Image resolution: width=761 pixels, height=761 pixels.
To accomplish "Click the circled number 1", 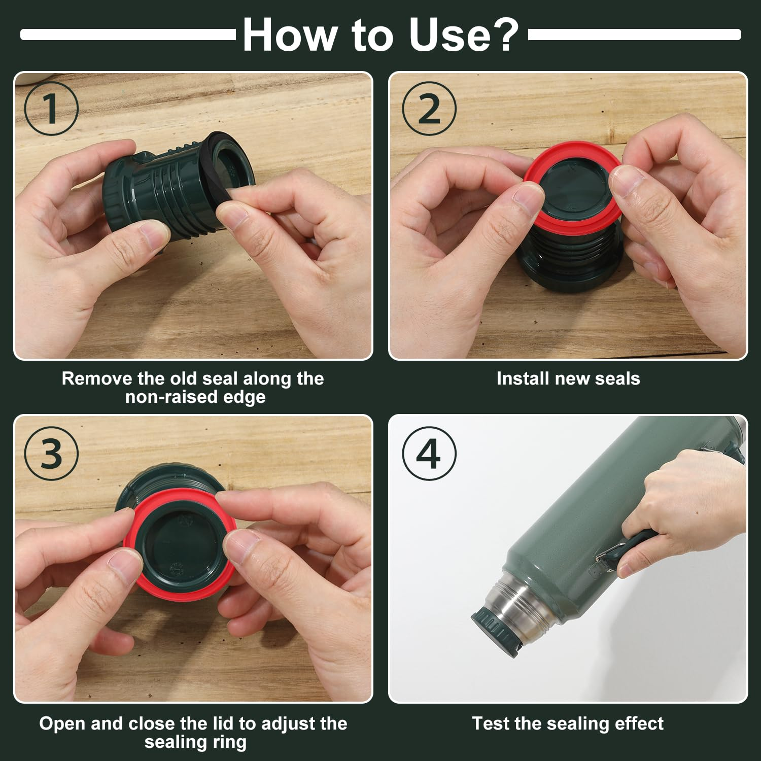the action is click(51, 109).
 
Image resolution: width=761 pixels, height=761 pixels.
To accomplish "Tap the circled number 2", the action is click(429, 109).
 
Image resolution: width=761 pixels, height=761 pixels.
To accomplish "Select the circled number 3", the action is click(51, 453).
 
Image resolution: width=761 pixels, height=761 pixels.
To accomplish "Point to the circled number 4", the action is click(429, 453).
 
